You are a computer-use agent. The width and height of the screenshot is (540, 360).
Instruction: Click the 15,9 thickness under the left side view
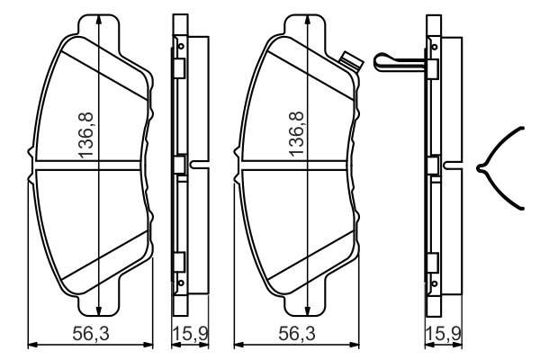click(x=190, y=334)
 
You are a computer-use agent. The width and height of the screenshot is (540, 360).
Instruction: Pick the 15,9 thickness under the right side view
click(x=443, y=334)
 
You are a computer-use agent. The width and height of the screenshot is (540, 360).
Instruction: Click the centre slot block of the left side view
click(x=179, y=165)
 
